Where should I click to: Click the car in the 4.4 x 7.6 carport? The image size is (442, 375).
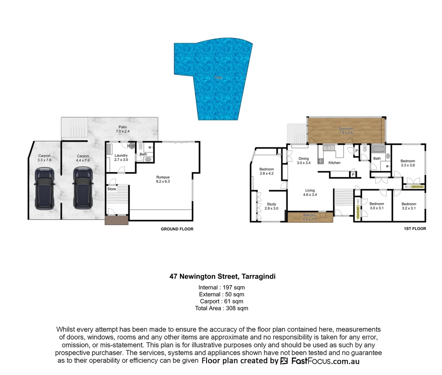[83, 188]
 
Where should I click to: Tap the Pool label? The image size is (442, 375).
[218, 78]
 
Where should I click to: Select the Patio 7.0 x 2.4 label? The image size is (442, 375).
[123, 129]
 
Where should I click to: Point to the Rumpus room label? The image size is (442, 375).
[163, 179]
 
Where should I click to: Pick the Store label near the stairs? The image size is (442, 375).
[112, 189]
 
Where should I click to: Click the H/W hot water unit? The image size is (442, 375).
[131, 146]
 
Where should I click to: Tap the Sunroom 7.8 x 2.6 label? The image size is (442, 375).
[346, 131]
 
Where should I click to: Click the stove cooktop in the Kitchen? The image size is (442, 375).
[321, 161]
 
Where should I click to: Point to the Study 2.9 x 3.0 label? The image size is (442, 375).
[271, 206]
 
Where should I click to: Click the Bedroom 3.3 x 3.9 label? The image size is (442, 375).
[408, 163]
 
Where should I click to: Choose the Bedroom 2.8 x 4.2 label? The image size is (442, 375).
[267, 171]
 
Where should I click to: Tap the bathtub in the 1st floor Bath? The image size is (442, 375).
[378, 150]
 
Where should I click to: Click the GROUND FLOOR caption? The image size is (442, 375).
[177, 229]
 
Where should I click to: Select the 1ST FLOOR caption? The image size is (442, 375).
[415, 229]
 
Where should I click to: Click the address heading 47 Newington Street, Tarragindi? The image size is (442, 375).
[222, 276]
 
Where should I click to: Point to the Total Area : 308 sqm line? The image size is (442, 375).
[222, 308]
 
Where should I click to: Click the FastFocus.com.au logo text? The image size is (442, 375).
[325, 361]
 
